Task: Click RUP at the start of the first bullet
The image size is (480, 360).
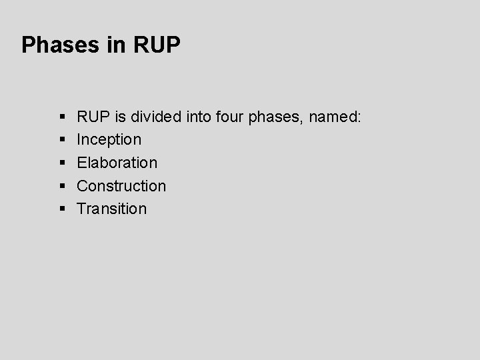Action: [93, 117]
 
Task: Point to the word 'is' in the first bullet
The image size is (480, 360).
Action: [120, 117]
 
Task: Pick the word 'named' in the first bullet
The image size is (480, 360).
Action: [333, 117]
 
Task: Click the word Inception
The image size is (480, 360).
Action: [109, 140]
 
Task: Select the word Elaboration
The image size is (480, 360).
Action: [117, 163]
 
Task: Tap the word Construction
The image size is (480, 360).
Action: [121, 185]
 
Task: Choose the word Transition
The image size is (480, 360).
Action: [112, 208]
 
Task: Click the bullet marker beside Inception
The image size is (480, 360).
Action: [61, 140]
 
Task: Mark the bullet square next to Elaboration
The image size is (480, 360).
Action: [61, 163]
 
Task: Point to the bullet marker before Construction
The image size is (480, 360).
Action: [61, 185]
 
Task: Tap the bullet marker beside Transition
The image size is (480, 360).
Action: [61, 209]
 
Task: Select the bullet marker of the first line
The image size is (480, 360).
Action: [61, 117]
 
